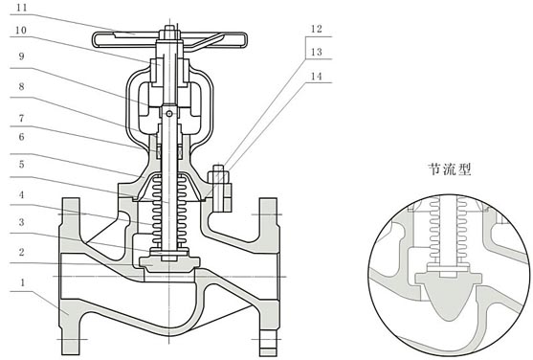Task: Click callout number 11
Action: tap(22, 8)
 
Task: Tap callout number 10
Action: tap(21, 31)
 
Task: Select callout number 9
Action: tap(21, 56)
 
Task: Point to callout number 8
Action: tap(21, 86)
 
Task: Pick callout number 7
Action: tap(21, 118)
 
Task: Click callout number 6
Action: tap(21, 137)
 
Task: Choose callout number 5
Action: tap(21, 165)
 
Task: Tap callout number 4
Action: tap(21, 194)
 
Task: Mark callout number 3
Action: tap(21, 222)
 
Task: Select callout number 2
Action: tap(21, 252)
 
